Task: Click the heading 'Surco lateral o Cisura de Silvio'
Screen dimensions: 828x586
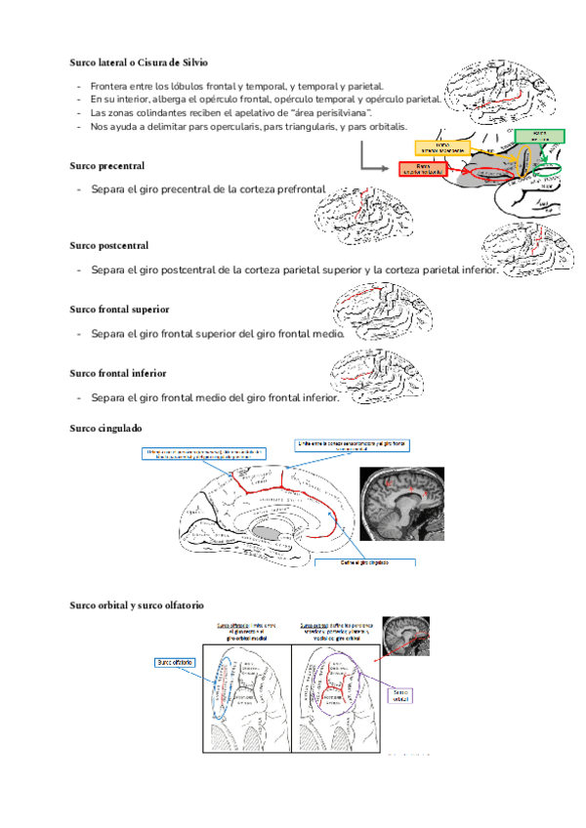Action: pyautogui.click(x=138, y=62)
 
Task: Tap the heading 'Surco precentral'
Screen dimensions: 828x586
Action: pyautogui.click(x=107, y=166)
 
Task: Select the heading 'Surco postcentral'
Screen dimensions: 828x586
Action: pyautogui.click(x=109, y=245)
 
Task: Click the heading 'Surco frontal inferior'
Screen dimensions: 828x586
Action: pyautogui.click(x=117, y=373)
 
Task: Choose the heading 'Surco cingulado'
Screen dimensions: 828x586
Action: pyautogui.click(x=106, y=428)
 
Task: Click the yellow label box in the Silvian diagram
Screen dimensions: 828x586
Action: pyautogui.click(x=442, y=147)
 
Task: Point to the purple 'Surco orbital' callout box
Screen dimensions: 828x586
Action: pyautogui.click(x=402, y=696)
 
